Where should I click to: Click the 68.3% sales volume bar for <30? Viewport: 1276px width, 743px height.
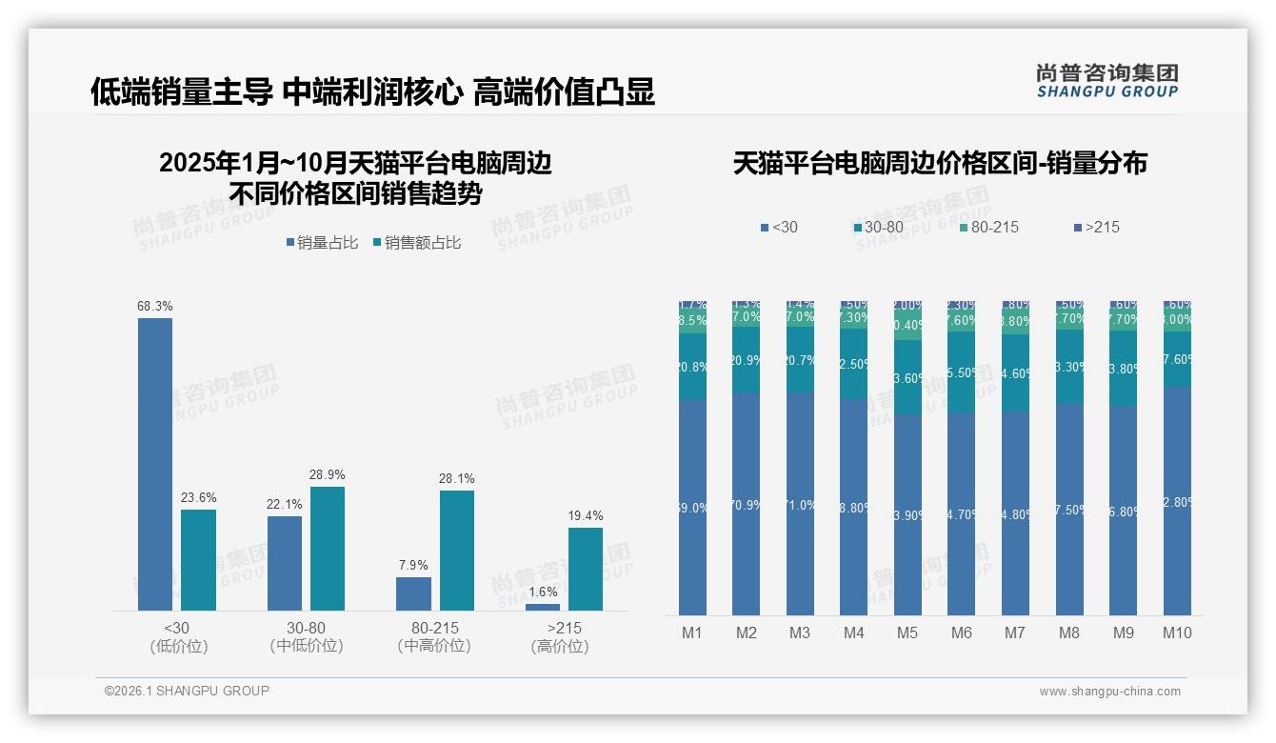pos(155,464)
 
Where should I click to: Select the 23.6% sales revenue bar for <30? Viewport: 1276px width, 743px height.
pos(199,560)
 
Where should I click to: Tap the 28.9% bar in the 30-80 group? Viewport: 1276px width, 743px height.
pos(328,549)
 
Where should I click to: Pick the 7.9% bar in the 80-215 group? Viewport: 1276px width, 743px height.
pos(413,593)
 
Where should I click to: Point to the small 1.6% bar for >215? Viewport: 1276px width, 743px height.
pos(543,607)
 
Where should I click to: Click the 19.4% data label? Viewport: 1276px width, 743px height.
pos(586,516)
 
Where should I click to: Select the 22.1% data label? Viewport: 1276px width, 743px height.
pos(285,505)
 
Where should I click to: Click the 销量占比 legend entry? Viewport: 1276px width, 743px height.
pos(322,243)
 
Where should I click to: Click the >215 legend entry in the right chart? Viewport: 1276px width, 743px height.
pos(1097,227)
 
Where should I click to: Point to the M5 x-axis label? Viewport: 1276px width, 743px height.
pos(907,633)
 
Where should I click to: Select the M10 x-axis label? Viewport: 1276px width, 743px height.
pos(1177,633)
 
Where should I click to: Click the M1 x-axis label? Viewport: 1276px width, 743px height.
pos(692,633)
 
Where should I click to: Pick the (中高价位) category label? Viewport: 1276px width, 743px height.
pos(434,646)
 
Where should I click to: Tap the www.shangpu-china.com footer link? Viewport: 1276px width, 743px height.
pos(1109,692)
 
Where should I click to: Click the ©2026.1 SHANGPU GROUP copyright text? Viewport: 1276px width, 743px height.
pos(187,691)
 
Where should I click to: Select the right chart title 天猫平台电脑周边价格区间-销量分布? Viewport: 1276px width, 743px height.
pos(940,163)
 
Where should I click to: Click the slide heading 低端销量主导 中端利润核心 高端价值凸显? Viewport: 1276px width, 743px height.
pos(372,92)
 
